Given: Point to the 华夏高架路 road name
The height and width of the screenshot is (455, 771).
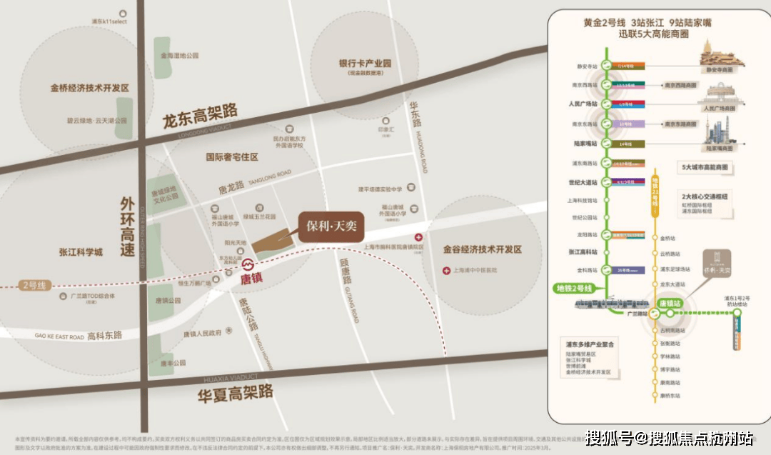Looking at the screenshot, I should (x=236, y=391).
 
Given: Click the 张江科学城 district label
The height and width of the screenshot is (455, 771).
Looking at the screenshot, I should (x=81, y=252).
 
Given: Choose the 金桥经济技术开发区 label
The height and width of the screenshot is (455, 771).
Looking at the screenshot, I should (x=89, y=89).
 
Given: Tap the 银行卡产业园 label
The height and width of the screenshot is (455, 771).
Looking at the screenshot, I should (x=365, y=64).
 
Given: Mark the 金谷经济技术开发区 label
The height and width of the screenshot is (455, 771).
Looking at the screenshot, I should (x=483, y=249).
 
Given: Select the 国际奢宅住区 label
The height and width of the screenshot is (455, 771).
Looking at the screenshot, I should (x=232, y=156).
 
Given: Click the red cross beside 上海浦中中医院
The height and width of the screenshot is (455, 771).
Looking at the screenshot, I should (x=446, y=270).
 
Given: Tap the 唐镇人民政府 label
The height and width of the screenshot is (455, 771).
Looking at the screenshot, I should (x=202, y=333).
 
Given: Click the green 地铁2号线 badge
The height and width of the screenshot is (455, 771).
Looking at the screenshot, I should (x=574, y=288).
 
